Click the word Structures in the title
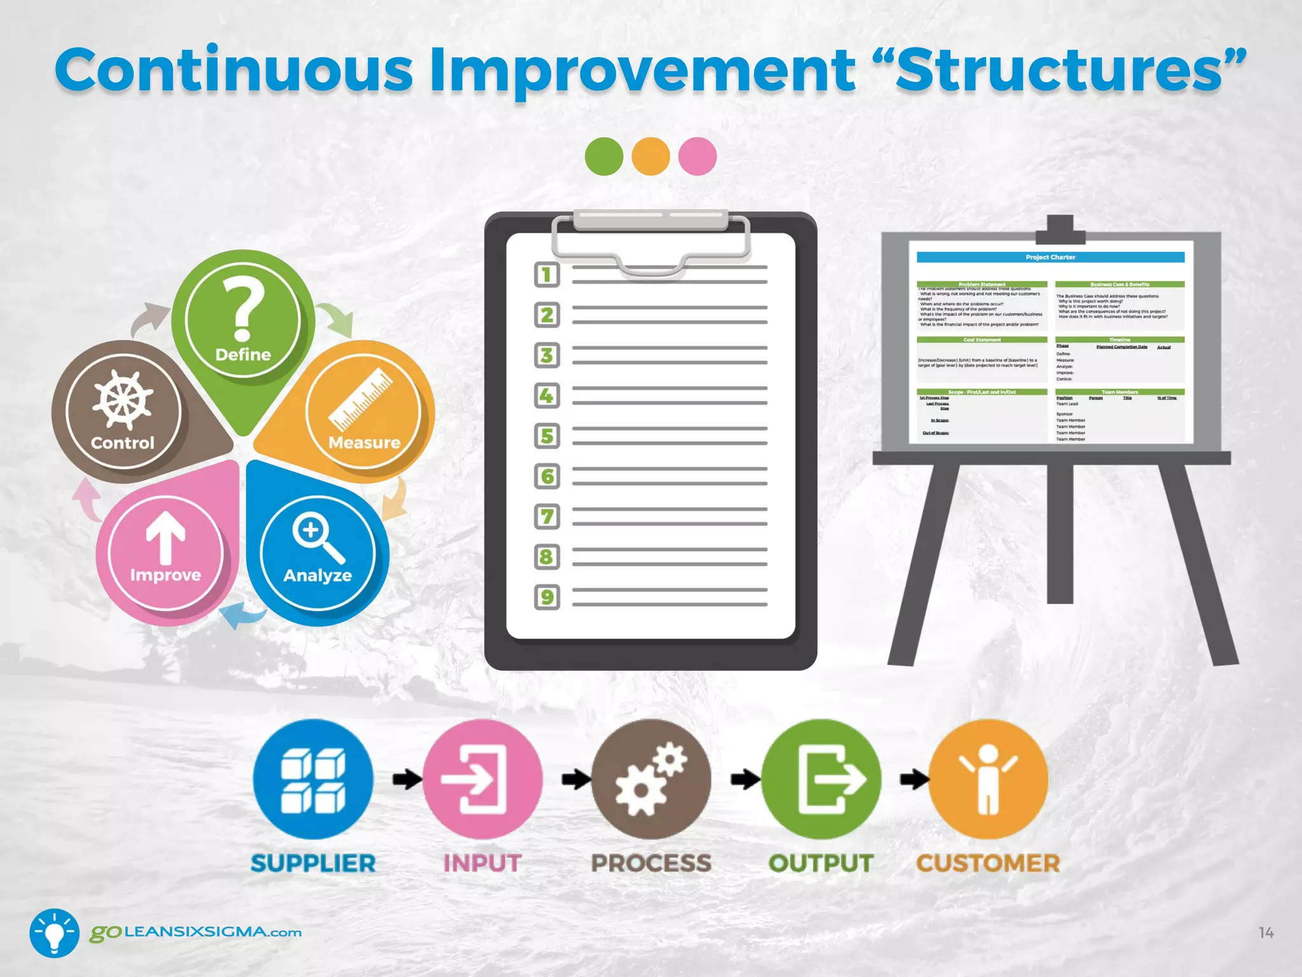coord(1059,71)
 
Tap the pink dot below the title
coord(697,156)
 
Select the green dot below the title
coord(604,156)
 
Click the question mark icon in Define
coord(242,310)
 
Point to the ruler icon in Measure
coord(361,399)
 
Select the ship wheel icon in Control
coord(123,399)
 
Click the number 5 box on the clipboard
coord(547,436)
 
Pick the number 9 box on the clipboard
coord(547,597)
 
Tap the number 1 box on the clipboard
coord(547,275)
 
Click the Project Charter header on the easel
coord(1050,258)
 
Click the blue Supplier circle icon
coord(313,779)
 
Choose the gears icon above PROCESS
coord(651,779)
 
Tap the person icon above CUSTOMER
coord(988,779)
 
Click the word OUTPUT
coord(820,864)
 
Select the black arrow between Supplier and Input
coord(406,779)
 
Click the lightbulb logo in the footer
coord(55,932)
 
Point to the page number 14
coord(1266,933)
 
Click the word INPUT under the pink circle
coord(482,864)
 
